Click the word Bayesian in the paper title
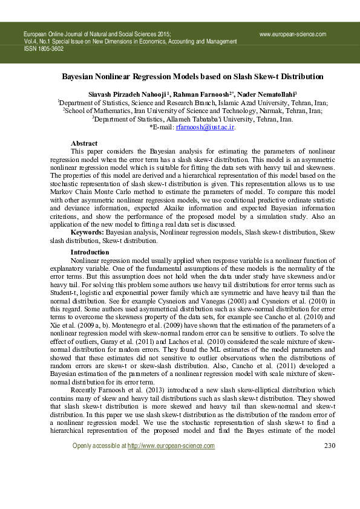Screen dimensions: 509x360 click(83, 77)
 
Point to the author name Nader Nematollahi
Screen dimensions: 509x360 click(246, 94)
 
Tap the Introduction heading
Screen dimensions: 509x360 click(90, 251)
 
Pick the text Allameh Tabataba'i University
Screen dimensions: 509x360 click(233, 120)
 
